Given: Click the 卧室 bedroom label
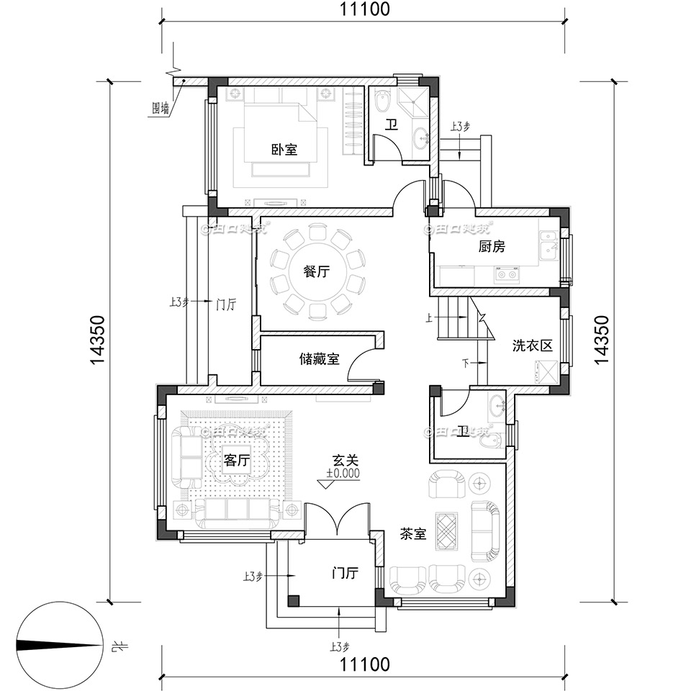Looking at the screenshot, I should (284, 150).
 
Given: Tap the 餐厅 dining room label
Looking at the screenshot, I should (317, 271).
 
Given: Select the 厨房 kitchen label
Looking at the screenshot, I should (492, 246).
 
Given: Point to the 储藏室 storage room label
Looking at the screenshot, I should (320, 358).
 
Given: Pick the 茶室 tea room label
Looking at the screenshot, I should (413, 534).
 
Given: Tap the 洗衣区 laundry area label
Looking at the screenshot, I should (532, 345).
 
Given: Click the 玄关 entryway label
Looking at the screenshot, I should (345, 459).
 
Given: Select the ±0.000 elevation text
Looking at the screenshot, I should (343, 474).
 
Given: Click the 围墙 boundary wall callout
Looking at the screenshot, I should (161, 109).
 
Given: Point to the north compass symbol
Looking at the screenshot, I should (58, 645).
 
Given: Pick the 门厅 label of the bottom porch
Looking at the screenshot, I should (345, 574).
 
